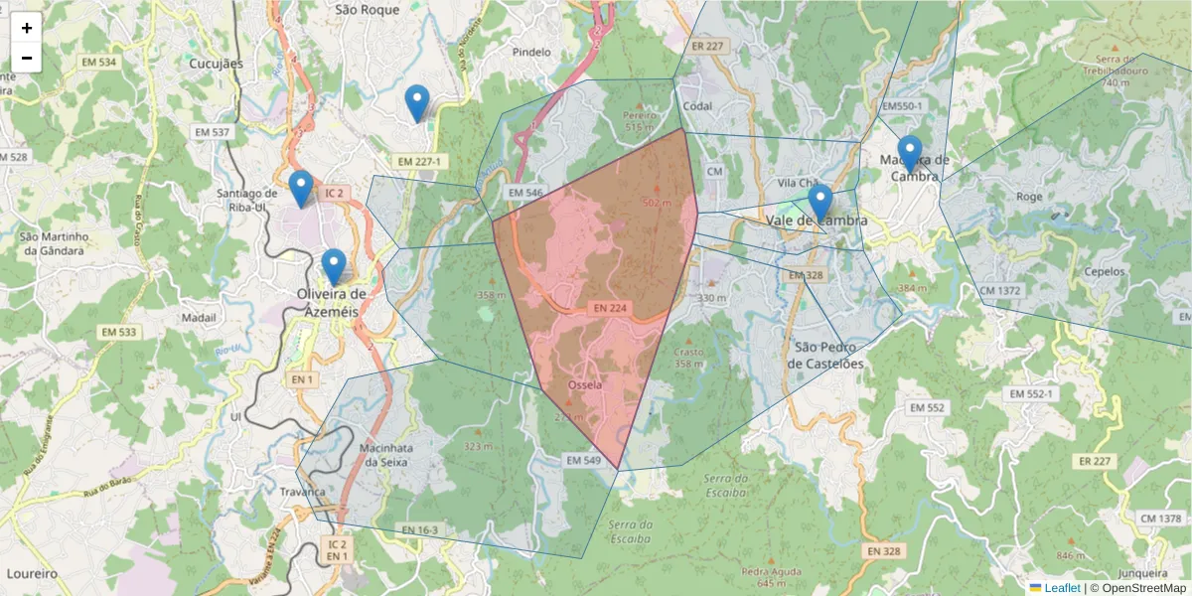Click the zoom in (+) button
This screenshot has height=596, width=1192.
coord(27,28)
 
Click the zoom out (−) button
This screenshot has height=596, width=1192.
coord(27,58)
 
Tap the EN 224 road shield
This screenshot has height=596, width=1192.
coord(610,309)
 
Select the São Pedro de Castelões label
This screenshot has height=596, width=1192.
coord(829,355)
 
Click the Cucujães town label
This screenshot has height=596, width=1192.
coord(216,63)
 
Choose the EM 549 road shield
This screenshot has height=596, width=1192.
coord(584,461)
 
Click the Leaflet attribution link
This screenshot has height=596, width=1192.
coord(1062,588)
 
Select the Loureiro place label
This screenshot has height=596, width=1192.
coord(32,574)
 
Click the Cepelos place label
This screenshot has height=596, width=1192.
coord(1105,271)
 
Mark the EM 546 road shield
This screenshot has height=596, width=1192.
coord(525,192)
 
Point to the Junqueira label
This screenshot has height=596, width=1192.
coord(1142,574)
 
